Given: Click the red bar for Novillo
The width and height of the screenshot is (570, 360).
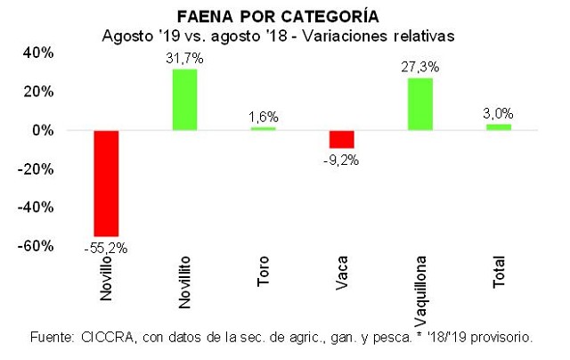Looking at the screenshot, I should (106, 183).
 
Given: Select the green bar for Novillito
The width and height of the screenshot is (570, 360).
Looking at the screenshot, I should (184, 100).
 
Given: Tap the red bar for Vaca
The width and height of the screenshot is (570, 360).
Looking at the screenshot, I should (341, 139).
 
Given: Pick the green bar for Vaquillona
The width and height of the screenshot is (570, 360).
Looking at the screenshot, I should (419, 104).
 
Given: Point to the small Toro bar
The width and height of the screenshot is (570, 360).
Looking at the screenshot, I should (263, 128).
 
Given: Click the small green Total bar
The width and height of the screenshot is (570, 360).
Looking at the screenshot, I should (498, 127).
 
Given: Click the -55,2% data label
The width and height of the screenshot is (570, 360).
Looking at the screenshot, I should (106, 249).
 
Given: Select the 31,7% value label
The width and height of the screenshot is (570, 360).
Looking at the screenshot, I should (185, 59).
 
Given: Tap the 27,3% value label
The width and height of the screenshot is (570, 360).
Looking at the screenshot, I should (419, 67).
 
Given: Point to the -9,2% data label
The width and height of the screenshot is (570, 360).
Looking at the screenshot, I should (342, 160).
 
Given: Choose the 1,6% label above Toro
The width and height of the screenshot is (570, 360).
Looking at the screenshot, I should (264, 116).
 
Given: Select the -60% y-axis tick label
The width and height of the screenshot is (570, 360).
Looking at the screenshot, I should (38, 245).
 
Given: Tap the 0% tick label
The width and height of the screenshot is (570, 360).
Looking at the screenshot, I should (45, 130).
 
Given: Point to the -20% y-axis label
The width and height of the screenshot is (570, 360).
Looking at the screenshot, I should (38, 168).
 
